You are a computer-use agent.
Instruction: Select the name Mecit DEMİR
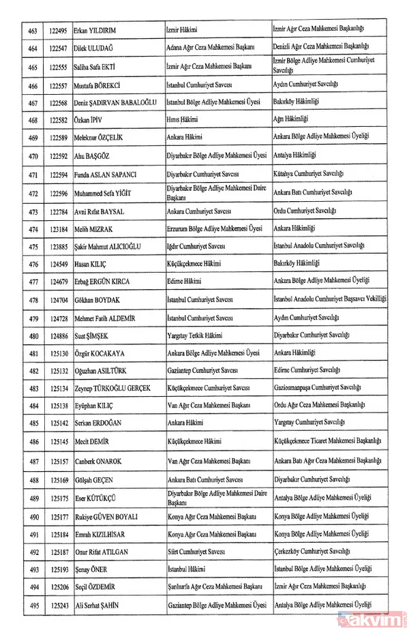tap(93, 442)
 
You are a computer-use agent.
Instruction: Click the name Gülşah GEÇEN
tap(95, 478)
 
